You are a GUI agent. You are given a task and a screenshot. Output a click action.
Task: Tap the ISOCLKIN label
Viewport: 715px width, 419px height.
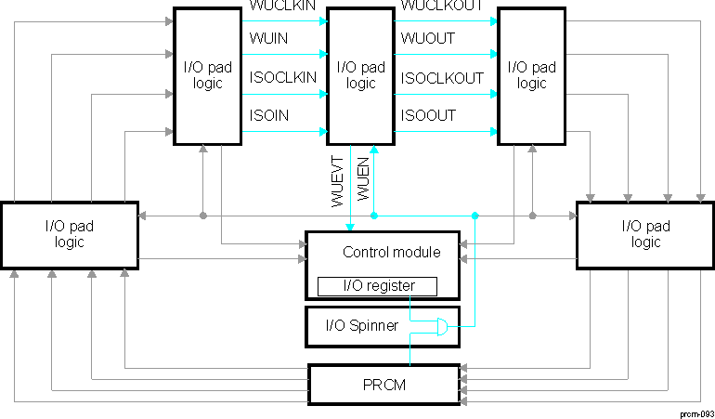click(x=282, y=78)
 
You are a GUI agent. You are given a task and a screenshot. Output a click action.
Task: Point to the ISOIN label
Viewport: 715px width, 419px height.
click(x=267, y=114)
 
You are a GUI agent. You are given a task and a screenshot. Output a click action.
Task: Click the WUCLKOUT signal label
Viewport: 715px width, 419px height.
click(x=441, y=7)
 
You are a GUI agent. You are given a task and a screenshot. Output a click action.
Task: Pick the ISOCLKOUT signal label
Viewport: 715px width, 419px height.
click(x=442, y=78)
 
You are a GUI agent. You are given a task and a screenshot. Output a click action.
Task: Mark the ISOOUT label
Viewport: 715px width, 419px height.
click(x=428, y=114)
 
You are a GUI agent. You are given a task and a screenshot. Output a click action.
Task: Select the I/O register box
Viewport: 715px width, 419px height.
click(x=377, y=286)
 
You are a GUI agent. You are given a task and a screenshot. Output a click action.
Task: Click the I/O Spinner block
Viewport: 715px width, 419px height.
click(x=361, y=325)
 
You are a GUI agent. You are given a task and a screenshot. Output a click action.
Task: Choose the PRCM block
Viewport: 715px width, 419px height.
click(x=383, y=384)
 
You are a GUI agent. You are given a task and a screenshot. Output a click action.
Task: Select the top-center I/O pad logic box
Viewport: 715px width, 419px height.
click(x=361, y=75)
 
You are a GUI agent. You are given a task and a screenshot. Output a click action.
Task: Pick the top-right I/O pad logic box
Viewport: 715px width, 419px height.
click(x=532, y=75)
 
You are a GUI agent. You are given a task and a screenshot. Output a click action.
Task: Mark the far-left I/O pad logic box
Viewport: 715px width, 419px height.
click(x=70, y=234)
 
